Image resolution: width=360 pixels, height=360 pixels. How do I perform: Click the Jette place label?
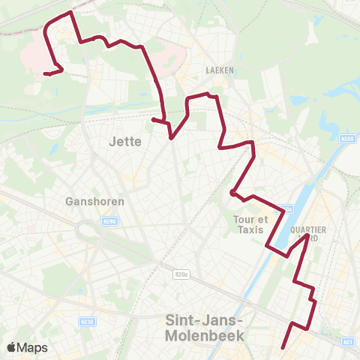(x=125, y=141)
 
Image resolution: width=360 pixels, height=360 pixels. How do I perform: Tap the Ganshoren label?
(x=94, y=201)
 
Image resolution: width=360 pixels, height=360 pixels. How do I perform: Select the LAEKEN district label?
(x=220, y=70)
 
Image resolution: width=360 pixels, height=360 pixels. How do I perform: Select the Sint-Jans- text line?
(x=204, y=320)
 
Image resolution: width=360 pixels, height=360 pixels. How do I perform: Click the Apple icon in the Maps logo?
(x=12, y=347)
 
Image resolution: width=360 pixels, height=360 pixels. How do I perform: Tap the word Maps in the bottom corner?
(x=33, y=347)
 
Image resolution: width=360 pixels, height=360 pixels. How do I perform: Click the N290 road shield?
(x=109, y=220)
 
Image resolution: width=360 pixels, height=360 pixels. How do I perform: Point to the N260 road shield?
(x=346, y=139)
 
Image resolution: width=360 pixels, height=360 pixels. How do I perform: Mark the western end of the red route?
(x=45, y=73)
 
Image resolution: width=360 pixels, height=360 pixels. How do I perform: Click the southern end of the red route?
(x=283, y=347)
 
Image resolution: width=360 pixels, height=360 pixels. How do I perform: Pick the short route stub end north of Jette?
(x=153, y=119)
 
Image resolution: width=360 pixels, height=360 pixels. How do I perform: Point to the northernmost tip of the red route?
(x=70, y=13)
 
